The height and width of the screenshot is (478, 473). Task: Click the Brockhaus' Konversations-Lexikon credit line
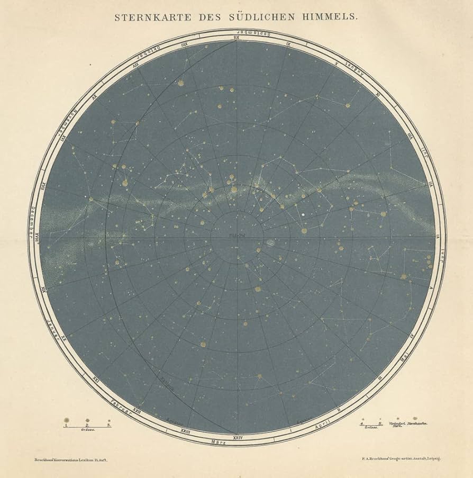(68, 462)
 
